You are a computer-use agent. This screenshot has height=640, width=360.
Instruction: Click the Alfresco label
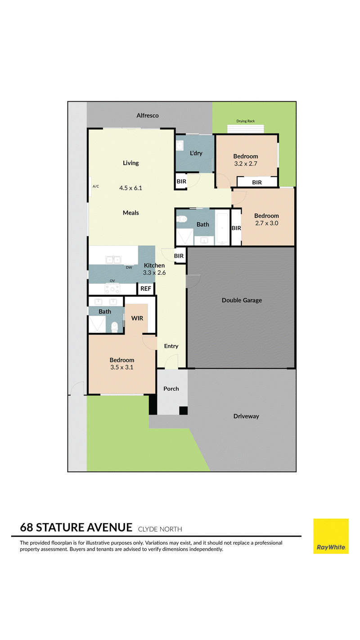147,116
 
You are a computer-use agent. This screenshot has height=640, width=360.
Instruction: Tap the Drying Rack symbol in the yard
246,129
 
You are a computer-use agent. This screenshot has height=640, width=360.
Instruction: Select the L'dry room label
196,153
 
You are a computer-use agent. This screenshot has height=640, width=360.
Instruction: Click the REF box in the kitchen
146,289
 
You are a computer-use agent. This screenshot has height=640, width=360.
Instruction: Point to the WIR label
137,318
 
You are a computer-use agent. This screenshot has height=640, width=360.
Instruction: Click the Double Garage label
242,300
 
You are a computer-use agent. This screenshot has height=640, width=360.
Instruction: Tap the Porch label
171,389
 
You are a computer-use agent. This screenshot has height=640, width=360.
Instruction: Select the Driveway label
246,416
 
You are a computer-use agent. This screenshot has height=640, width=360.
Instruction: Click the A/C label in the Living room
96,186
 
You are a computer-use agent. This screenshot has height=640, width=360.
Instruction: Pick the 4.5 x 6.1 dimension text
130,188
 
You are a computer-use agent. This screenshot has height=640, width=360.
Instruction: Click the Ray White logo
331,536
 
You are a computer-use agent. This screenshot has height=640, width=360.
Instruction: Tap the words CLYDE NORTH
160,529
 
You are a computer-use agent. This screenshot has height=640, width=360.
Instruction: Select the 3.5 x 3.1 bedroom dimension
122,367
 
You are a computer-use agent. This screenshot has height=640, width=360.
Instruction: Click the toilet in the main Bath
181,219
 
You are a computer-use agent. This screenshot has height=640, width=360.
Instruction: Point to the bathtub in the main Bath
222,229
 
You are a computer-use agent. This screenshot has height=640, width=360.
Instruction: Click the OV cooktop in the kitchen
112,289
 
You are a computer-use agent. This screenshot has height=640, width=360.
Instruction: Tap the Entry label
171,346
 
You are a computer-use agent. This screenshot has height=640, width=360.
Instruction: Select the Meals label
130,213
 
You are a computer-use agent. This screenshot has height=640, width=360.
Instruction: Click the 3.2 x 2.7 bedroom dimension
246,164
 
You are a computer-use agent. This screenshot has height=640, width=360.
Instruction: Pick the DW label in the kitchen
129,268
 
